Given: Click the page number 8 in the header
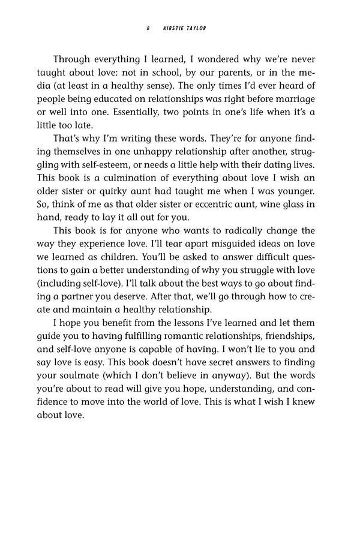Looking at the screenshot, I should point(147,28).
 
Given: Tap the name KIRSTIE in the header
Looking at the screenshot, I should point(175,28).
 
